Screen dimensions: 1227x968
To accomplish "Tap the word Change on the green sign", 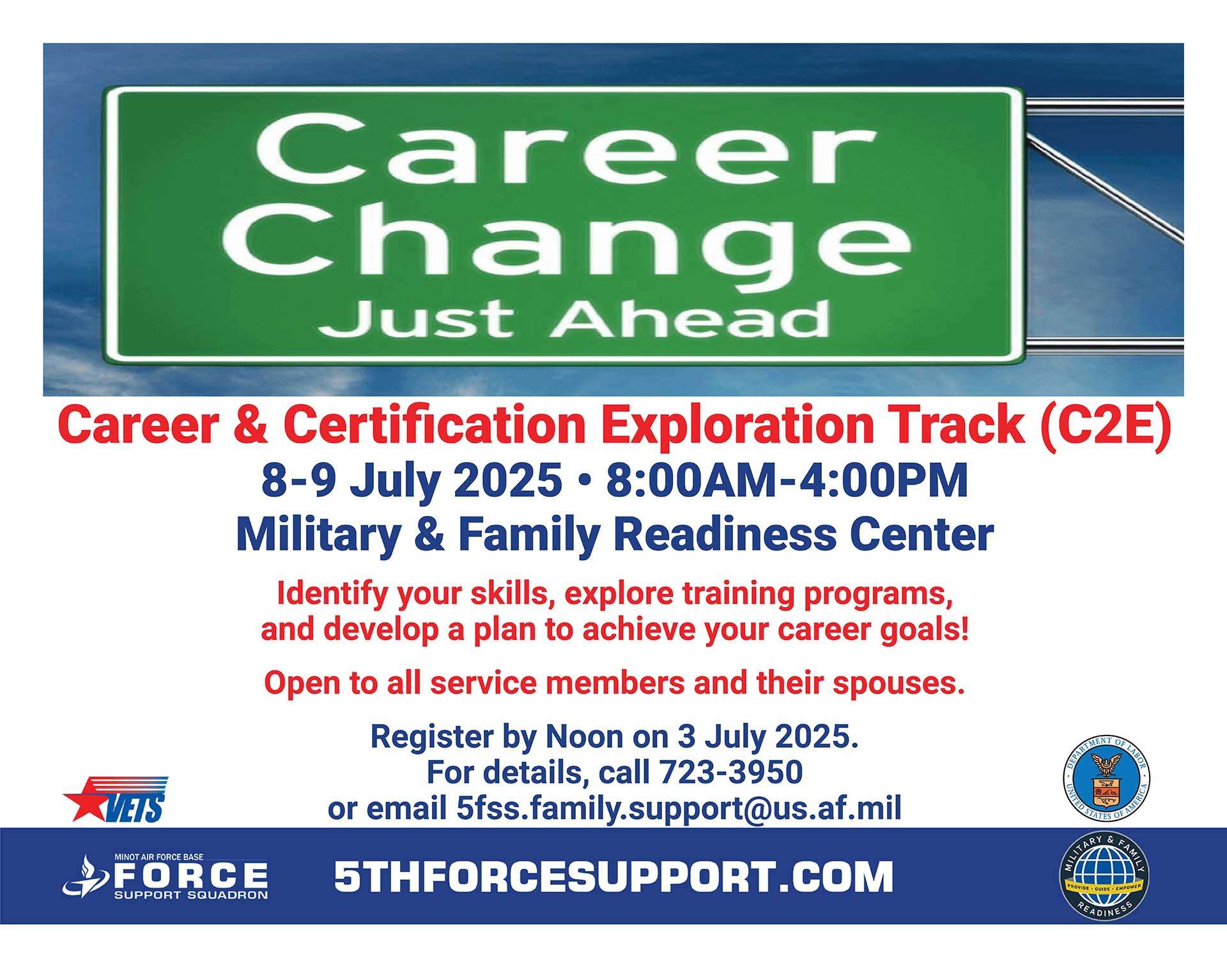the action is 567,237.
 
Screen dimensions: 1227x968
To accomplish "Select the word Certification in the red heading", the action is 435,425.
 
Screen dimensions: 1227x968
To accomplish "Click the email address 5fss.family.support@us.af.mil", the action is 679,808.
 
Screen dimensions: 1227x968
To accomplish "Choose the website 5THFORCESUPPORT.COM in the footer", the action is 613,877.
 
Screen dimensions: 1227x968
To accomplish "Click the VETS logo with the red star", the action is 116,799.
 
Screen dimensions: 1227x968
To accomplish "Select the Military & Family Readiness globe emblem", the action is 1105,876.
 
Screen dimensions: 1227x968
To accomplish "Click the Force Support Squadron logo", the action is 166,877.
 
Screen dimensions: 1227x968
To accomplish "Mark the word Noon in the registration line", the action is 584,736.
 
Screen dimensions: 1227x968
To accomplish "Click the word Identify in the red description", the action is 332,594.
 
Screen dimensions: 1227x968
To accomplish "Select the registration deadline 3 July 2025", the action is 768,736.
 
